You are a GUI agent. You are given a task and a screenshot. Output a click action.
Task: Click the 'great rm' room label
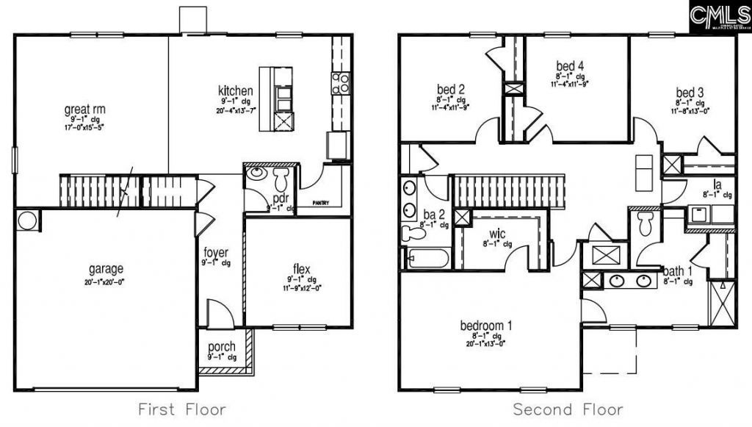pos(84,110)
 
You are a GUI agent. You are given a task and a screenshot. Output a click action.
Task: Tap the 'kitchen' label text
pos(236,90)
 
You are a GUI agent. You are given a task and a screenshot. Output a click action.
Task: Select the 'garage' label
pos(106,268)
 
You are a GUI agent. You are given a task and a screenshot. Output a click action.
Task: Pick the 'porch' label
pos(222,347)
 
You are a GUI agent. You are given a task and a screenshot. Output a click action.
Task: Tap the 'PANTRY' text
pos(321,203)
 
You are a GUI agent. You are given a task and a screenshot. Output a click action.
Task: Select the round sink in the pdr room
pos(256,173)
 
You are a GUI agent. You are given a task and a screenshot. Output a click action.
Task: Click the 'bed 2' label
pos(450,90)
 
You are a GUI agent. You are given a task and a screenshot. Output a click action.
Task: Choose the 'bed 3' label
pos(690,93)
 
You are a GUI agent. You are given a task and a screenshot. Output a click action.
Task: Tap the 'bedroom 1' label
pos(486,325)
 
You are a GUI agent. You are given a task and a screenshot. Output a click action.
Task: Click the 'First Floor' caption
pos(181,409)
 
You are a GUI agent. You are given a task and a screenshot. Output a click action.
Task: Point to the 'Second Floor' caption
pos(568,409)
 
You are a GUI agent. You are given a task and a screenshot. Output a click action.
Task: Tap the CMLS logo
pos(720,15)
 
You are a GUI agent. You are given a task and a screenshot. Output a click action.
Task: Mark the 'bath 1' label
pos(677,270)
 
